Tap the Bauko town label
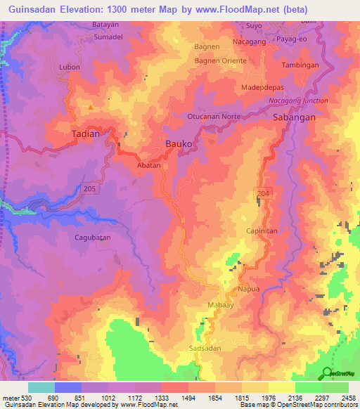(x=179, y=143)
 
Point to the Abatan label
(x=149, y=165)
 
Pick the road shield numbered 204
(x=264, y=192)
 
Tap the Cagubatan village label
(x=92, y=238)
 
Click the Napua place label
(x=248, y=289)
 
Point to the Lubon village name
(x=70, y=67)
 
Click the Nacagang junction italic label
(x=298, y=101)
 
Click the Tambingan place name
(x=300, y=64)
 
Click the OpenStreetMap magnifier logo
(x=328, y=372)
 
